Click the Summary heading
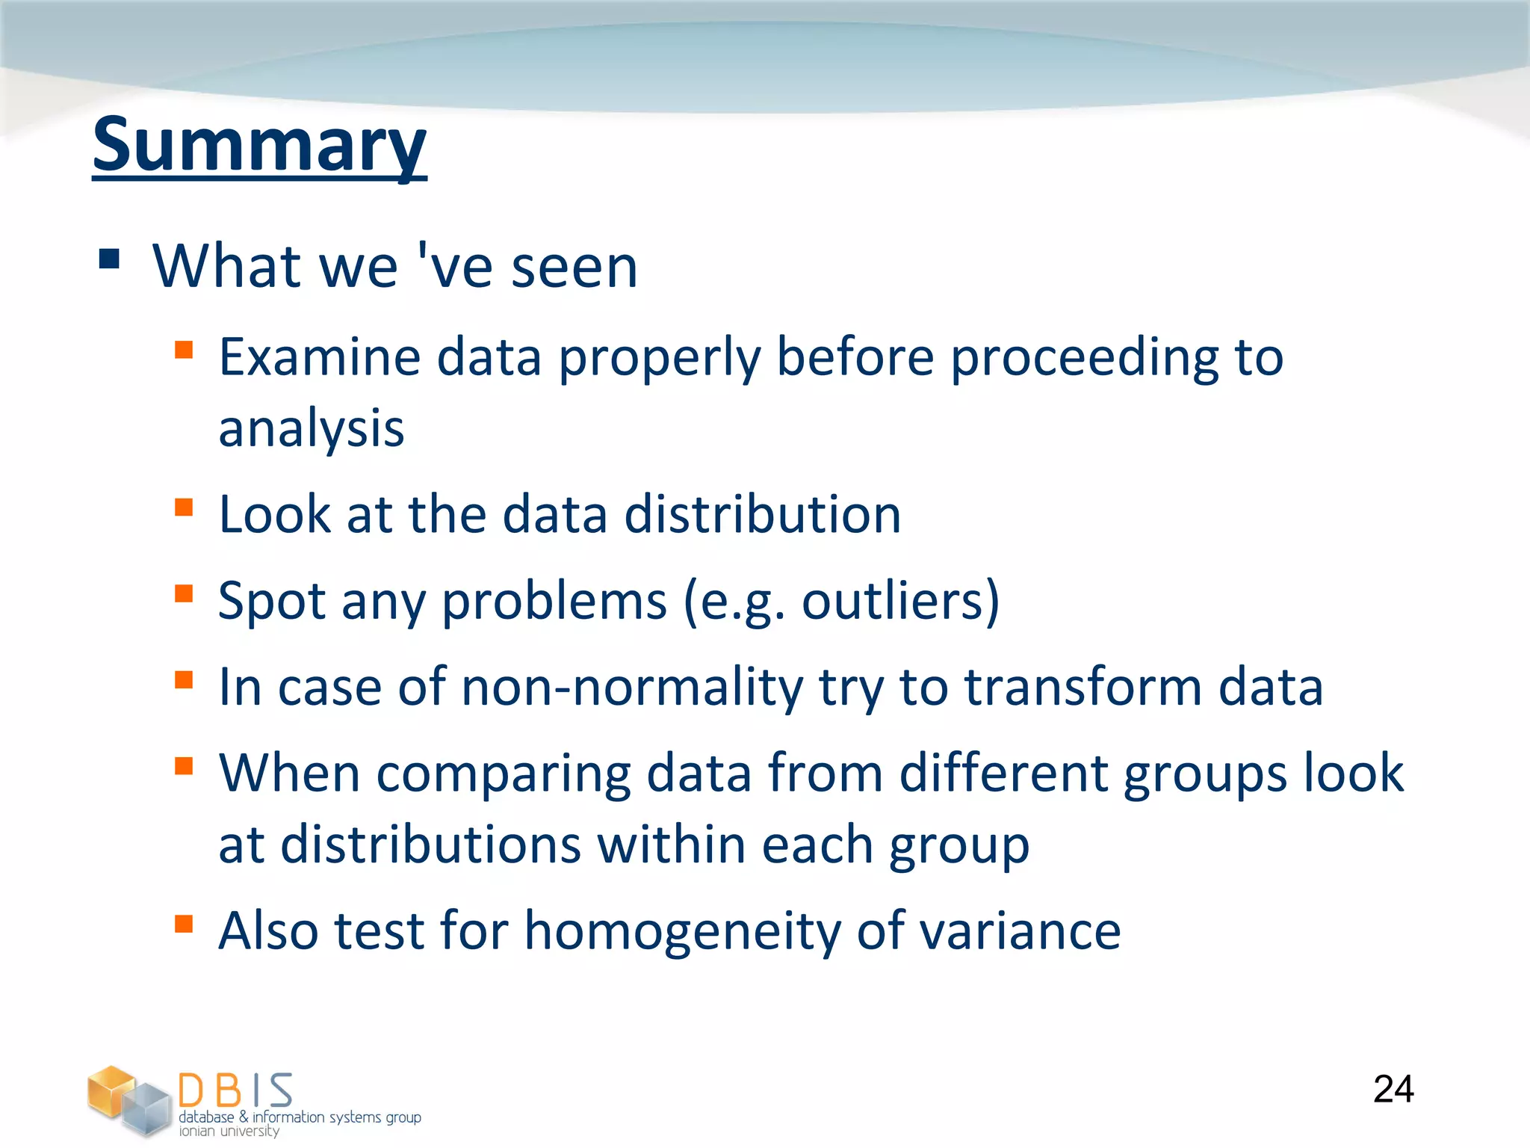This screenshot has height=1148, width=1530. tap(259, 146)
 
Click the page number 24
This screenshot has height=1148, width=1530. tap(1393, 1089)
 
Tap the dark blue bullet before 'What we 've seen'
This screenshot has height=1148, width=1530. tap(109, 259)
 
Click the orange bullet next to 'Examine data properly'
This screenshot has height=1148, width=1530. tap(184, 350)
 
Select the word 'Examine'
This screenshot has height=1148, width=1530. tap(320, 357)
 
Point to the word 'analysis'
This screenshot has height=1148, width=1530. tap(311, 429)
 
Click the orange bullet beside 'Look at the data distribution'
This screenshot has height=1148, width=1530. tap(184, 507)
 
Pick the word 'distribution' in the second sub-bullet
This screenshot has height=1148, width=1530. tap(763, 514)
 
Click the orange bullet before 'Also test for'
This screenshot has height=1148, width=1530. tap(184, 924)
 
